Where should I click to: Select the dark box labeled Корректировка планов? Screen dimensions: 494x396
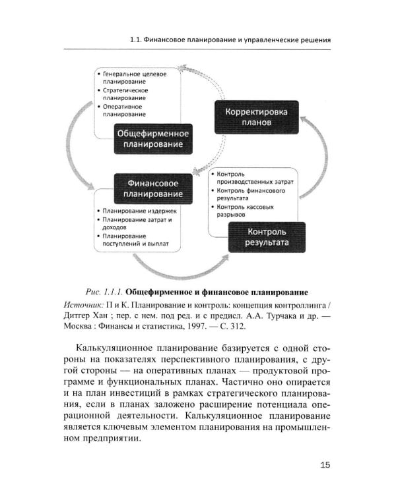coord(257,117)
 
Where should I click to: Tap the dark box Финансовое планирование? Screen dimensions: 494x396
coord(154,188)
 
